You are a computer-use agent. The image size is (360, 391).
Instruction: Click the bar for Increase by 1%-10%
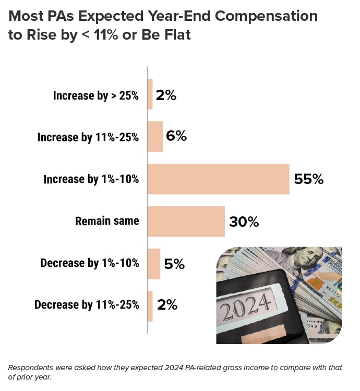[x=218, y=179]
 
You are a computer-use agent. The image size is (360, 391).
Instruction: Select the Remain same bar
[x=186, y=221]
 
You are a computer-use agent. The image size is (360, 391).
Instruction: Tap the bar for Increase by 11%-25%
[x=155, y=137]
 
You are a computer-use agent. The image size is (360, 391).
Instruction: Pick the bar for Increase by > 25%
[x=150, y=94]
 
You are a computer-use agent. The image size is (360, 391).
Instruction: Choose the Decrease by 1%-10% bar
[x=154, y=263]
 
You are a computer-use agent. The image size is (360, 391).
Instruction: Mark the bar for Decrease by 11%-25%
[x=150, y=306]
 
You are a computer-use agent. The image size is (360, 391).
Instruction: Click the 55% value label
[x=309, y=179]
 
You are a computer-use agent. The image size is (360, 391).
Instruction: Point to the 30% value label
[x=244, y=222]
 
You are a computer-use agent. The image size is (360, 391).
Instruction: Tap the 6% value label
[x=176, y=137]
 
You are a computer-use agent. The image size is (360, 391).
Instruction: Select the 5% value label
[x=174, y=264]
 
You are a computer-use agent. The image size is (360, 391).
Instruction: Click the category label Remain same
[x=107, y=221]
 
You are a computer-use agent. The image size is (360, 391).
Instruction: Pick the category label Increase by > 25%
[x=96, y=95]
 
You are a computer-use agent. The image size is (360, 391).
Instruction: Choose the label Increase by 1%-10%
[x=91, y=179]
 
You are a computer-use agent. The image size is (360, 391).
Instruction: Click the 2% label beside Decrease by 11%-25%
[x=167, y=306]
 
